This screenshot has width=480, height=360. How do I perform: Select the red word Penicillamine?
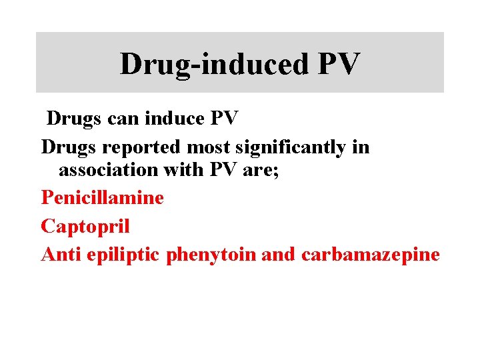102,197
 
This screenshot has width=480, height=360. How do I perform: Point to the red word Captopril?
85,226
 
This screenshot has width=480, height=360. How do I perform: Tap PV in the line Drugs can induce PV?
223,119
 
